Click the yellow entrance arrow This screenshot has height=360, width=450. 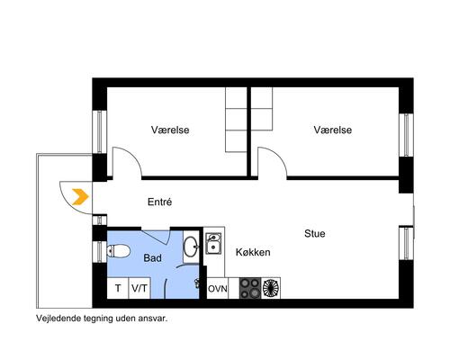[79, 196]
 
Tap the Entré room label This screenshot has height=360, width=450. [159, 202]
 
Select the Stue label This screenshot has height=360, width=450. [314, 234]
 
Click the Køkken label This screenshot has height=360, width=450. [253, 253]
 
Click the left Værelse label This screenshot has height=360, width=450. [168, 130]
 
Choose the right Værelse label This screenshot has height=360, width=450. [332, 130]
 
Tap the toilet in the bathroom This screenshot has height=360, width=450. [120, 249]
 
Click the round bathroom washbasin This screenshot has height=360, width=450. [191, 245]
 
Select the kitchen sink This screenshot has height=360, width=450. [214, 244]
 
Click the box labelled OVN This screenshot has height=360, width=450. [217, 289]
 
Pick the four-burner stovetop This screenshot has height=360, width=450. [249, 288]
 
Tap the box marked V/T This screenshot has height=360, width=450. [139, 289]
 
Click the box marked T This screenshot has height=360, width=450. [117, 289]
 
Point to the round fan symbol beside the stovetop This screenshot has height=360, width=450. [271, 288]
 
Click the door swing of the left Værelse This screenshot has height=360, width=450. [127, 162]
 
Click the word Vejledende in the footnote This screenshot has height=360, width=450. [58, 319]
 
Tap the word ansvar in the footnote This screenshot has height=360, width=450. [151, 319]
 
